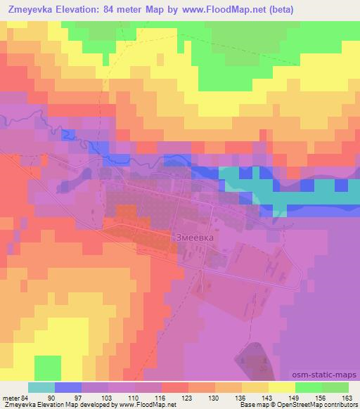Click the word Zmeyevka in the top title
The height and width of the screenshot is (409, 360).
tap(30, 10)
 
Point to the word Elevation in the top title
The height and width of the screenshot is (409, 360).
tap(83, 10)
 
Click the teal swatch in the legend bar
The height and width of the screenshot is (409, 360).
tap(41, 387)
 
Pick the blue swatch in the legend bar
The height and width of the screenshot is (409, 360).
tap(67, 387)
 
